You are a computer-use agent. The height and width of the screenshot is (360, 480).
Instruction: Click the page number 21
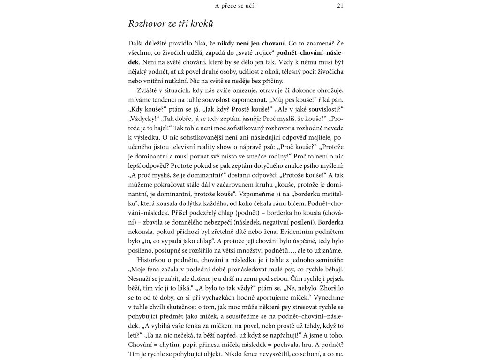point(341,6)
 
